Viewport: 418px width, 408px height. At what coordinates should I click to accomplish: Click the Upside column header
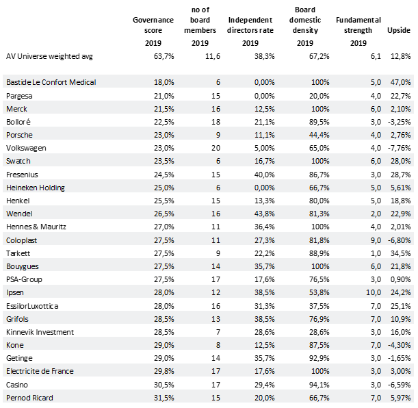pyautogui.click(x=399, y=30)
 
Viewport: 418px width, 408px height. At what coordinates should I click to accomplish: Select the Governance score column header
pyautogui.click(x=153, y=25)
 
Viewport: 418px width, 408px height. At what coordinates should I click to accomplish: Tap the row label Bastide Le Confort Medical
pyautogui.click(x=51, y=82)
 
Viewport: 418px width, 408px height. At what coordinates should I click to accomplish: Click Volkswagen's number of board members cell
pyautogui.click(x=215, y=148)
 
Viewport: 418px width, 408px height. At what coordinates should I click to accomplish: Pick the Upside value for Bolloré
pyautogui.click(x=399, y=122)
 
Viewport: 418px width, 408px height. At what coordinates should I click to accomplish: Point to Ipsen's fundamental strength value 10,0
pyautogui.click(x=374, y=292)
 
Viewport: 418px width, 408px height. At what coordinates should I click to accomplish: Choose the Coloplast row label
pyautogui.click(x=22, y=240)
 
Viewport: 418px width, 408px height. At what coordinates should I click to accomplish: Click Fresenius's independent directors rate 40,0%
pyautogui.click(x=264, y=175)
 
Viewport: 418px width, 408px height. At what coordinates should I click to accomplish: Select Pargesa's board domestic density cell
pyautogui.click(x=319, y=96)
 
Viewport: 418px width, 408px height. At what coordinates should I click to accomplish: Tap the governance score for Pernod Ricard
pyautogui.click(x=164, y=398)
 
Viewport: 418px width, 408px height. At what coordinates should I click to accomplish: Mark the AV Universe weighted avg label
pyautogui.click(x=49, y=57)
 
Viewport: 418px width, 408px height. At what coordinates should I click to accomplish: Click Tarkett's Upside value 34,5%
pyautogui.click(x=401, y=253)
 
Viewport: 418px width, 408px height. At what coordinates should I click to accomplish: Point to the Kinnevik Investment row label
pyautogui.click(x=40, y=332)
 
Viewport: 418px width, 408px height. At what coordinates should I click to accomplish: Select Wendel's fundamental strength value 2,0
pyautogui.click(x=376, y=214)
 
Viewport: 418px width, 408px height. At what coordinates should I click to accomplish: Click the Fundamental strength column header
pyautogui.click(x=358, y=25)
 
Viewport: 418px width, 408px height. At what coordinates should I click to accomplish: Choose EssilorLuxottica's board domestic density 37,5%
pyautogui.click(x=319, y=306)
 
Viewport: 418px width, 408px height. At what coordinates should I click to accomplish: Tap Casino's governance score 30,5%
pyautogui.click(x=164, y=385)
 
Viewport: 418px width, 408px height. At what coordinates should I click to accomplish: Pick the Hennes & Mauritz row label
pyautogui.click(x=36, y=227)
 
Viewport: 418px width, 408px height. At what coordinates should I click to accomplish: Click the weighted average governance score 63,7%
pyautogui.click(x=164, y=56)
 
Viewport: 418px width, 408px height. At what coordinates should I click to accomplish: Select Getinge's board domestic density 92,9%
pyautogui.click(x=319, y=358)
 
